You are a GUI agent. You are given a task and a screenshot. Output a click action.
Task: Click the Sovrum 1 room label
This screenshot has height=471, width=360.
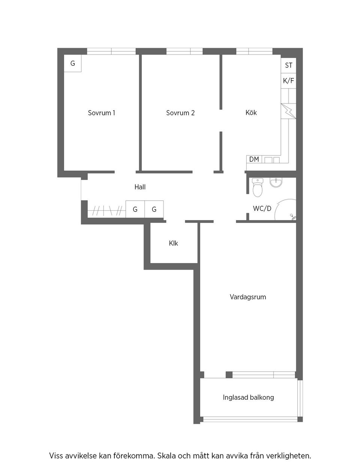[x=101, y=113]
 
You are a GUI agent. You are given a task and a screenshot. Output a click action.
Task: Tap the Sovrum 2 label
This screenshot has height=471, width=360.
[x=180, y=113]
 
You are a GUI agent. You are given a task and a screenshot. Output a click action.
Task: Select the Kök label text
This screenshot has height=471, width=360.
[x=251, y=112]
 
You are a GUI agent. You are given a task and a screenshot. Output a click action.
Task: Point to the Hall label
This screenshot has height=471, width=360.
[x=140, y=187]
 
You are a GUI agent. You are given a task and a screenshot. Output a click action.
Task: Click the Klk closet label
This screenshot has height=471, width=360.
[x=173, y=243]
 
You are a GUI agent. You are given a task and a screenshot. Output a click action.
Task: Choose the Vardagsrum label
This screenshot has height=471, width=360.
[x=248, y=297]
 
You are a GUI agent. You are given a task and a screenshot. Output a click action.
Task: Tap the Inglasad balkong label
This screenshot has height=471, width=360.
[x=248, y=397]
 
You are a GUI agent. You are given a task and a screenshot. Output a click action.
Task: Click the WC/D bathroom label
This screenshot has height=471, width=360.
[x=262, y=208]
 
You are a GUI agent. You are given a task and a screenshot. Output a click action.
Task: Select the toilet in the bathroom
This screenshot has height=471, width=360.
[x=258, y=187]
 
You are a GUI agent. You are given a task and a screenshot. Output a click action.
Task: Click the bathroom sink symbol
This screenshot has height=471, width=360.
[x=276, y=183]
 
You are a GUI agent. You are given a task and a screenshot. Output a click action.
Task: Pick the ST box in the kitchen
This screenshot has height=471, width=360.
[x=288, y=65]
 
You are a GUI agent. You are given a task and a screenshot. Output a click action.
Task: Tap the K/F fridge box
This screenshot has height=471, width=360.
[x=288, y=81]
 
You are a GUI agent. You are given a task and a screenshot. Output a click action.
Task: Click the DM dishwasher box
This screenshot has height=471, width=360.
[x=254, y=159]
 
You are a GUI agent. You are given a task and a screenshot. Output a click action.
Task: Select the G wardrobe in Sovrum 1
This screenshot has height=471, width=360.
[x=73, y=63]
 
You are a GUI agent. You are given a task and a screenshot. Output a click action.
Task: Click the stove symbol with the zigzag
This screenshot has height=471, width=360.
[x=288, y=111]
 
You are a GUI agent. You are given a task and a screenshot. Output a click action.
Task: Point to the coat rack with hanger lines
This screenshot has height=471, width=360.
[x=107, y=210]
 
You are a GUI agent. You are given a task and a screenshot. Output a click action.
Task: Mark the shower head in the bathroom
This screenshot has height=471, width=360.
[x=292, y=216]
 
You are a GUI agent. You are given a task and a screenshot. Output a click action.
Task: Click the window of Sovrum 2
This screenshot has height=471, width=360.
[x=184, y=51]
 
